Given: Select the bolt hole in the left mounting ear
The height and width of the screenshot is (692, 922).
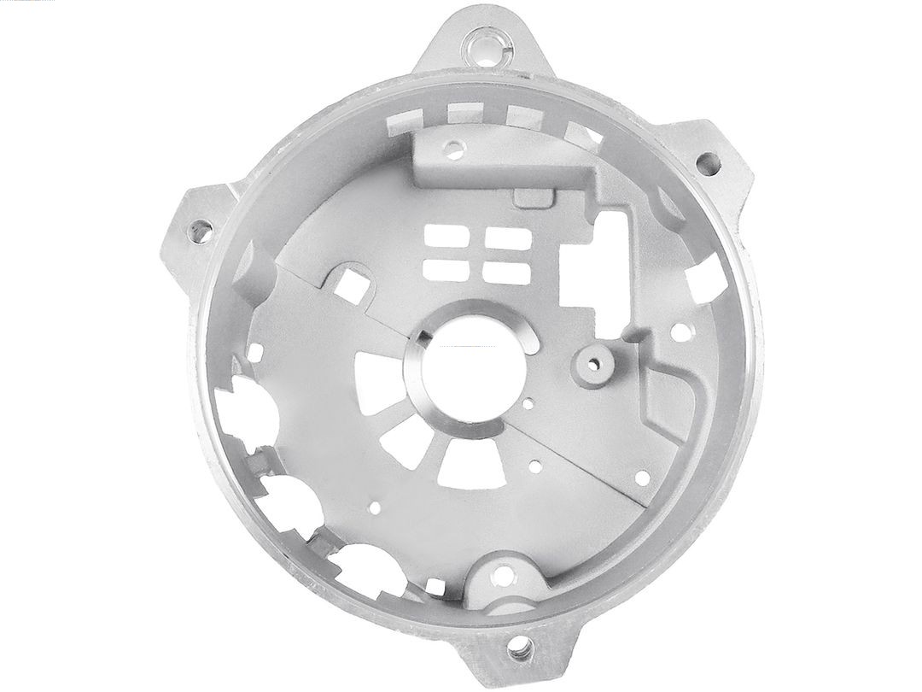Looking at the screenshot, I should pyautogui.click(x=199, y=228).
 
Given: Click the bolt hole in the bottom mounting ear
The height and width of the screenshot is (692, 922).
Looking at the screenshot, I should pyautogui.click(x=517, y=653).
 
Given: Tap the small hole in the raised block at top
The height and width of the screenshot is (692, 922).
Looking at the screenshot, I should pyautogui.click(x=453, y=147).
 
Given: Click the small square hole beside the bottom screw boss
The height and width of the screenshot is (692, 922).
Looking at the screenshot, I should pyautogui.click(x=435, y=585).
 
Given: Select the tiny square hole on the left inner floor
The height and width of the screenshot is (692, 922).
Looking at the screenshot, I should pyautogui.click(x=254, y=349).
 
